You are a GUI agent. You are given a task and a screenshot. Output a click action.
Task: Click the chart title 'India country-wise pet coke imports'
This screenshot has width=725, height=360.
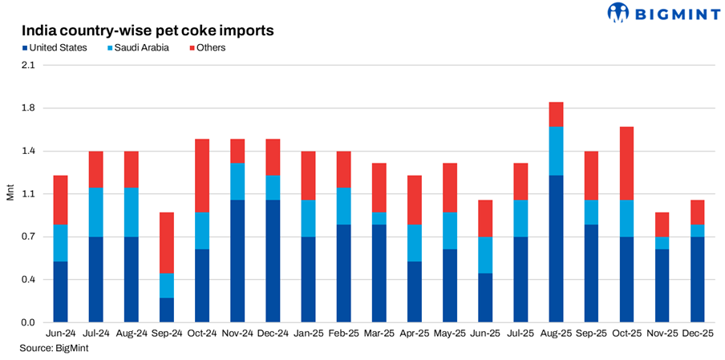[148, 30]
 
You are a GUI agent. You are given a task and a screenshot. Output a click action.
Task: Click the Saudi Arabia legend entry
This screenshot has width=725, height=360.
[139, 48]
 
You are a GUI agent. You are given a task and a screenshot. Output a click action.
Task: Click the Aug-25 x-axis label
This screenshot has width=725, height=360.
[556, 333]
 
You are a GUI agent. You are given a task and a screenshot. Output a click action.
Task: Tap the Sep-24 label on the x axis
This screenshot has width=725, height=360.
[167, 333]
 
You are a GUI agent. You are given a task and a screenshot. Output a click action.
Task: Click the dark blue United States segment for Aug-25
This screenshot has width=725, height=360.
[556, 249]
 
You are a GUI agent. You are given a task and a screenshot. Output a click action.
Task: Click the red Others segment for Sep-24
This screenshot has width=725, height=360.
[167, 243]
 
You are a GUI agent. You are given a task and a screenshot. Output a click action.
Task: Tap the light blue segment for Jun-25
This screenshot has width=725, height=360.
[485, 255]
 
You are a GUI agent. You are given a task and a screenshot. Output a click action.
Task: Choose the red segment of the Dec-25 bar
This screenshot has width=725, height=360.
[698, 212]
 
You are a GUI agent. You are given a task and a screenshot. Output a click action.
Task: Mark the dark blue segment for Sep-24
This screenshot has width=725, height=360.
[167, 310]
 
